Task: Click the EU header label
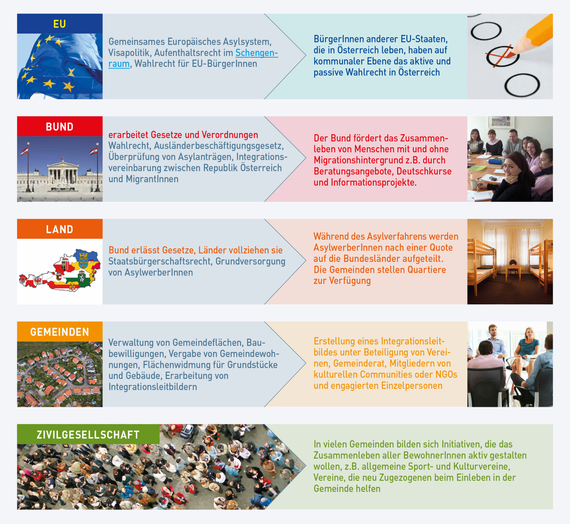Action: pos(60,24)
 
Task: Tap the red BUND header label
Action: pos(60,126)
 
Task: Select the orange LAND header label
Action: pos(60,229)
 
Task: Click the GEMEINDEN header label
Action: pos(60,332)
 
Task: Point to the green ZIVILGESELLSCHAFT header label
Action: pos(88,434)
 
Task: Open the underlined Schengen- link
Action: pos(257,53)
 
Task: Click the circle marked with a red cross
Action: pos(502,56)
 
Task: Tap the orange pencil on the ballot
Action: pos(531,34)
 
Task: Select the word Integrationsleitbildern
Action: pos(153,387)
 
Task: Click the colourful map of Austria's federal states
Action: pos(60,270)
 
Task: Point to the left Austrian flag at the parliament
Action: pos(25,151)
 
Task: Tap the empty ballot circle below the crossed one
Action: pos(522,85)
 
